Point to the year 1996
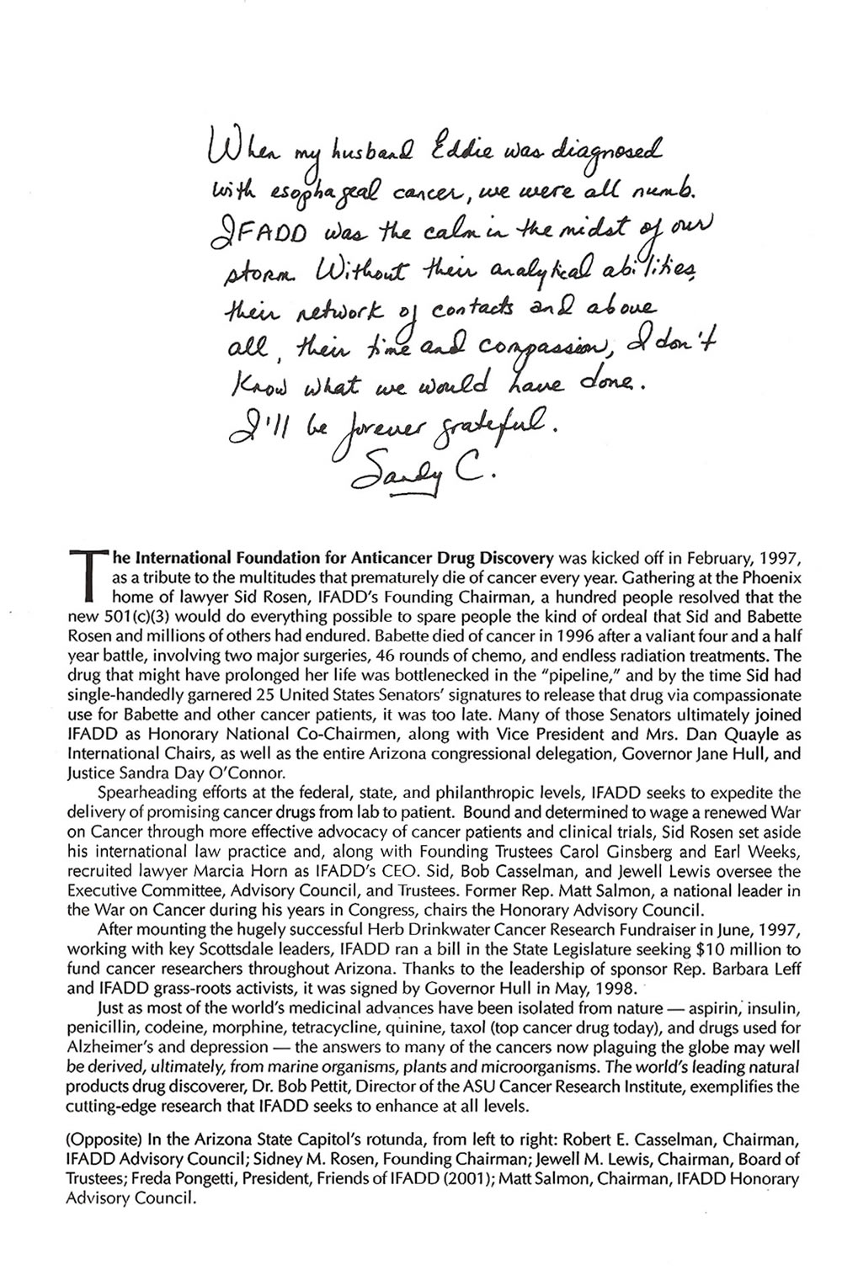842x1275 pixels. [464, 629]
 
